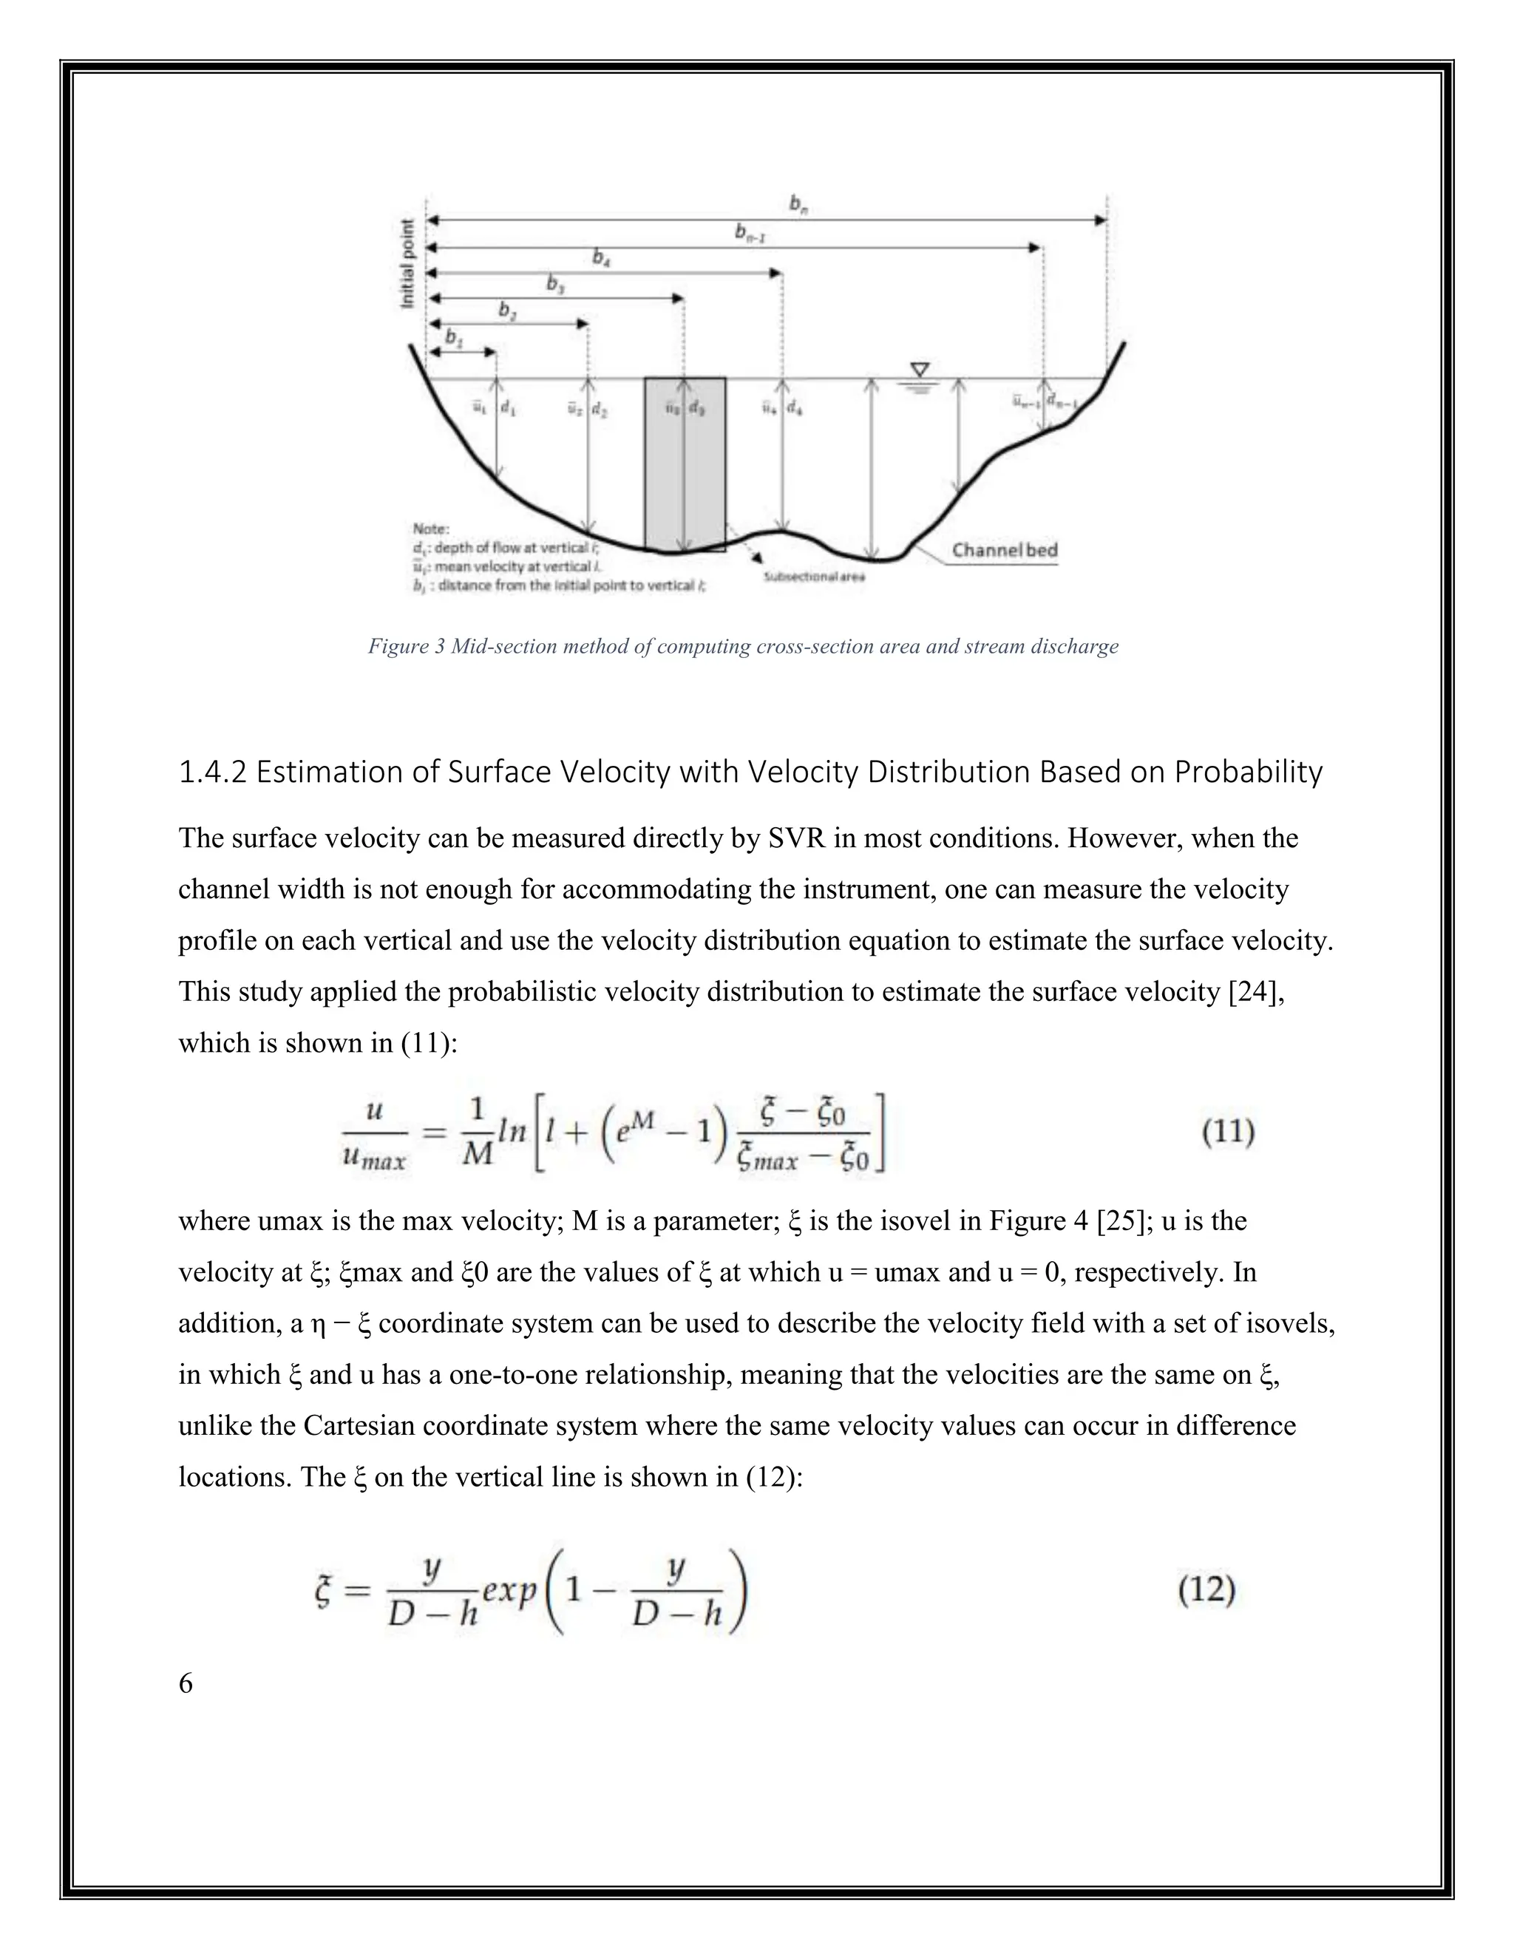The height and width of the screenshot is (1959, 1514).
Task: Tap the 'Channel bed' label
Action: [x=1005, y=550]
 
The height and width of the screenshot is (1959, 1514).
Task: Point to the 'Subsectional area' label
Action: [x=813, y=577]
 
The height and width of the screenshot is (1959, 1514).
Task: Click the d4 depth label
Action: [x=795, y=409]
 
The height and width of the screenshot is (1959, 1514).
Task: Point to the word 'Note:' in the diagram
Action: [x=430, y=529]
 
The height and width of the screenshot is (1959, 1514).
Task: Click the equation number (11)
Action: [x=1227, y=1132]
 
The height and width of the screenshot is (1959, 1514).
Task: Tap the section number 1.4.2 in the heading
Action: [x=213, y=773]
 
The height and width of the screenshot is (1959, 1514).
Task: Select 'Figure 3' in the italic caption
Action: [x=405, y=647]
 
